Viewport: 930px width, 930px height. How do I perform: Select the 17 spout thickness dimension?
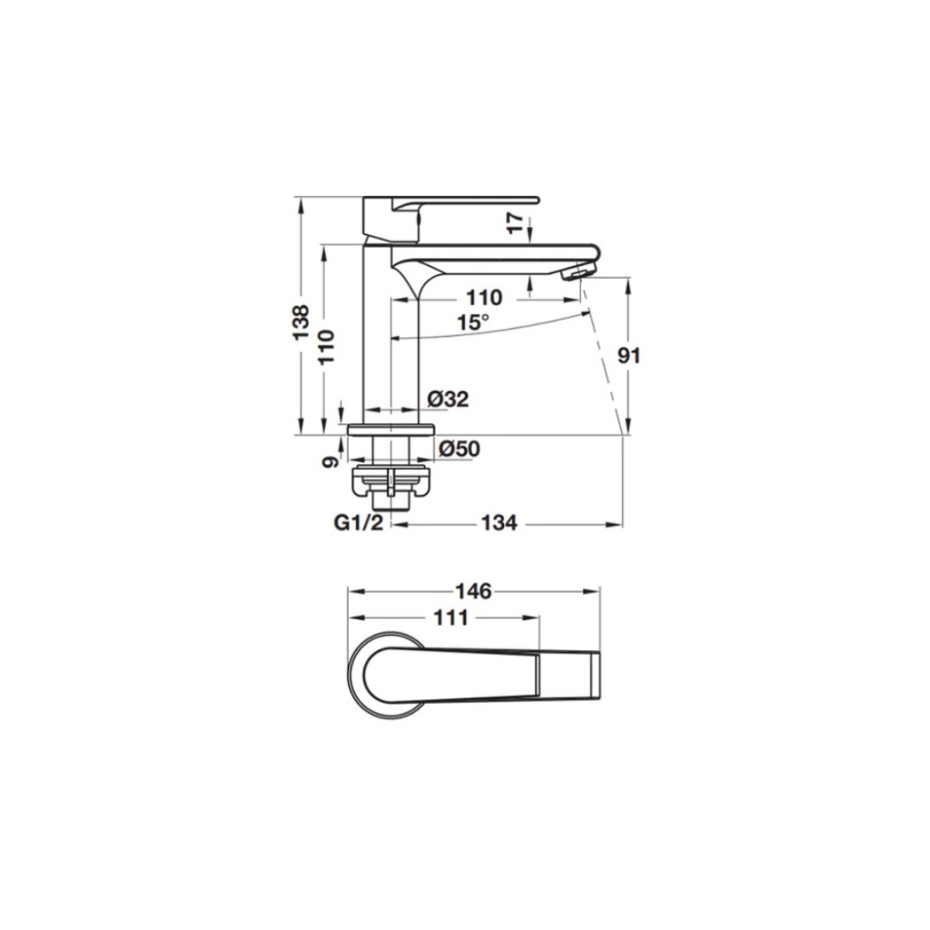(x=516, y=223)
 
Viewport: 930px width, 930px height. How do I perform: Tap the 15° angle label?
(x=472, y=322)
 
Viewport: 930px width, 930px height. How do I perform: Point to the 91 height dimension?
(x=629, y=356)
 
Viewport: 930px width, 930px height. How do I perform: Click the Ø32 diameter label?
(x=448, y=400)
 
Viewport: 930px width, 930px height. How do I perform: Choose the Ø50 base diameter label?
(x=459, y=449)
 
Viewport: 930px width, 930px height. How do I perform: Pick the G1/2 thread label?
(x=359, y=523)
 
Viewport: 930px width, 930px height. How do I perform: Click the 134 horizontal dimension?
(x=499, y=523)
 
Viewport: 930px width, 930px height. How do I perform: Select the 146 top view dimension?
(x=473, y=590)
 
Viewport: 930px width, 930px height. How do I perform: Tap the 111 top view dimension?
(x=451, y=618)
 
